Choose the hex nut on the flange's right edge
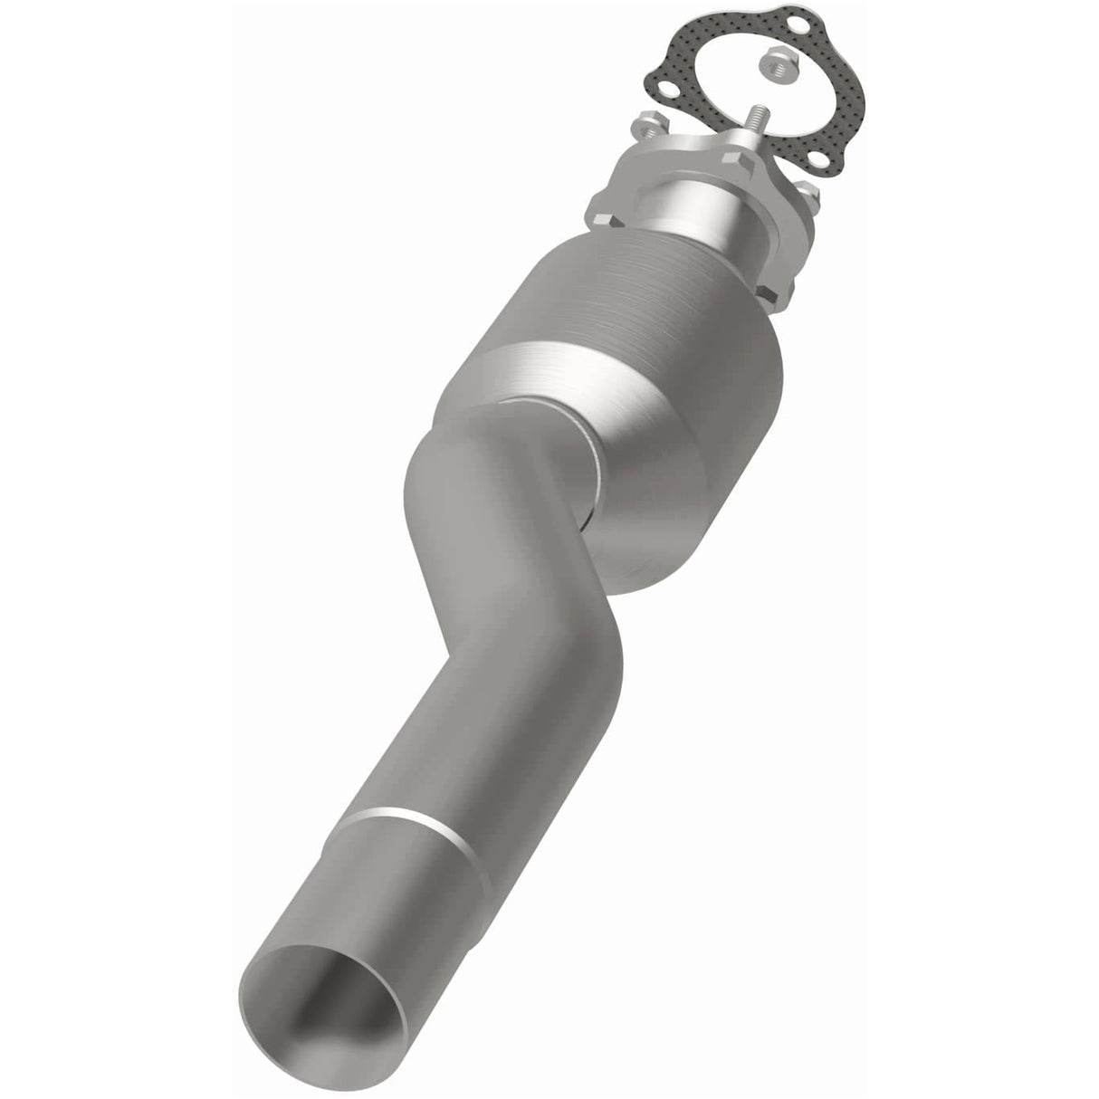808,192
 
